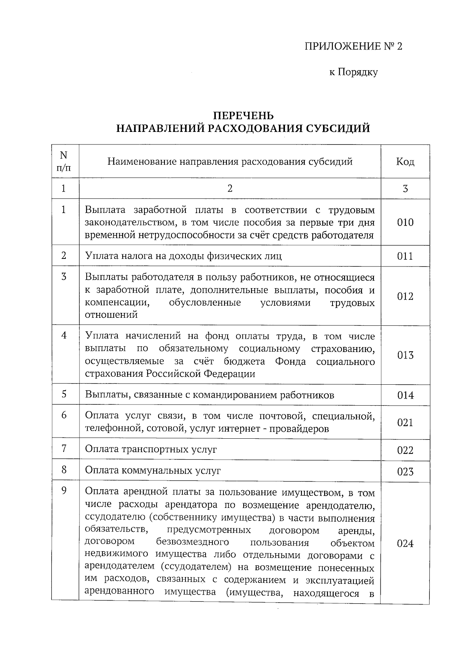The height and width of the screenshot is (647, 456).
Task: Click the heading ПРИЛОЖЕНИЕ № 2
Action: (353, 46)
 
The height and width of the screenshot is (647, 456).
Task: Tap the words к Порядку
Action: (353, 72)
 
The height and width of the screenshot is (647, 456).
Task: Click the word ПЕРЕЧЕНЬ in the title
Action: (243, 115)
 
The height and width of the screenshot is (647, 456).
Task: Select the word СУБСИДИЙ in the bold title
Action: (337, 128)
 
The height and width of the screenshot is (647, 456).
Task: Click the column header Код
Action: (405, 162)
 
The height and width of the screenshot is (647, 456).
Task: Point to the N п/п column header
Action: (63, 161)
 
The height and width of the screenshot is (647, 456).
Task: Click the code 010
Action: (405, 222)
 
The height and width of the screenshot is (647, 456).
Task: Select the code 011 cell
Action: (405, 256)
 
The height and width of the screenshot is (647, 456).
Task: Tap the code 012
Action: (405, 297)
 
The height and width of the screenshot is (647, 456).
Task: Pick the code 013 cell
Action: (405, 355)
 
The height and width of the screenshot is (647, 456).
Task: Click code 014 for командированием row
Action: (405, 395)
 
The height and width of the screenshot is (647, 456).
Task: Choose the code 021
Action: (405, 423)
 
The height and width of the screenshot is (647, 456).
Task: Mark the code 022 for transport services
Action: (405, 450)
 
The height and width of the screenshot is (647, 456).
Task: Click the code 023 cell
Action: (405, 472)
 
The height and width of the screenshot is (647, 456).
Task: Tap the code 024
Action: (405, 544)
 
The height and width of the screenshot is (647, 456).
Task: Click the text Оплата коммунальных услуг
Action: (153, 471)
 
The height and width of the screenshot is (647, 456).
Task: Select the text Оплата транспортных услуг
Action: (151, 449)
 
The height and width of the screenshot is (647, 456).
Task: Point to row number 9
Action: (64, 491)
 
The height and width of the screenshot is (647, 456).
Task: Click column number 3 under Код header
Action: (405, 189)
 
